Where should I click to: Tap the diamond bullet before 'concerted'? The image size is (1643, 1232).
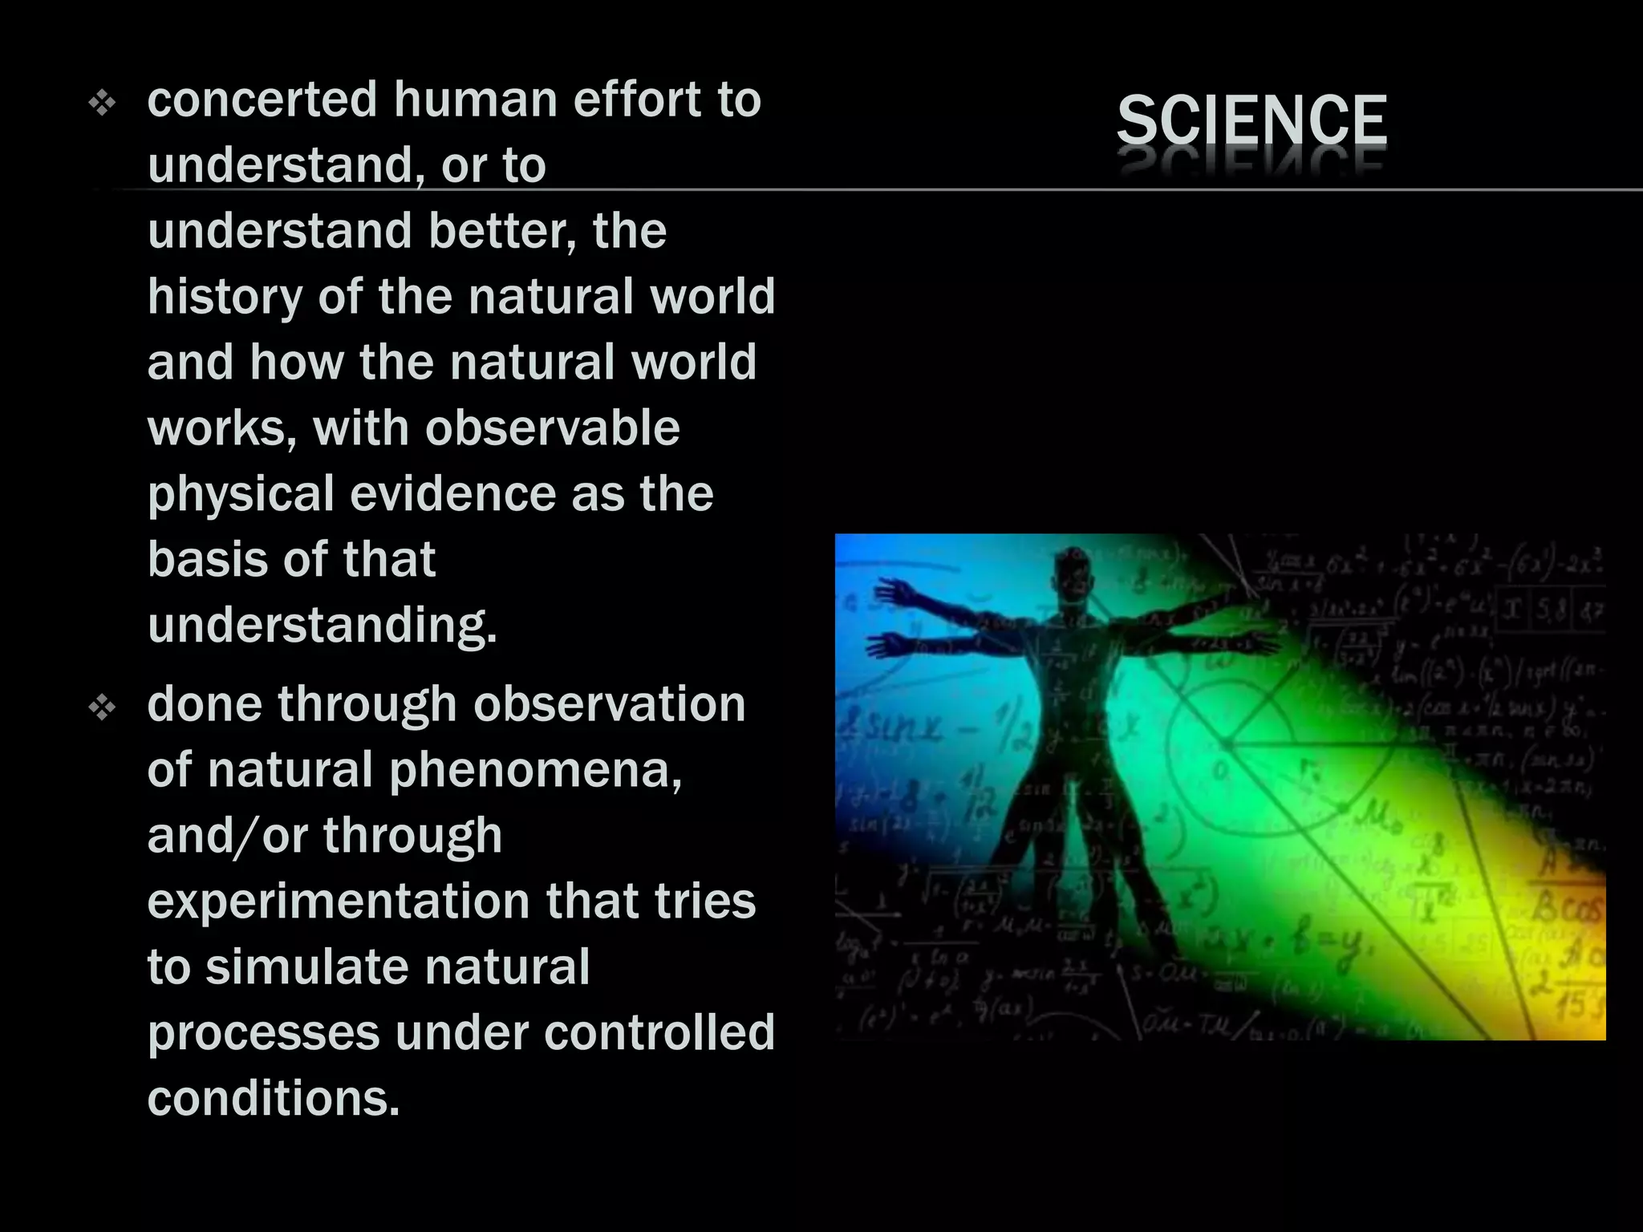[x=103, y=103]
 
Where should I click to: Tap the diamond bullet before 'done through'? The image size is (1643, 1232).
[x=103, y=708]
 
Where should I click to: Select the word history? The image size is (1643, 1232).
[x=225, y=298]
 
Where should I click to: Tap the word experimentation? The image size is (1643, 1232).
[x=338, y=901]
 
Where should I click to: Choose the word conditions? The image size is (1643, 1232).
[x=273, y=1098]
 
